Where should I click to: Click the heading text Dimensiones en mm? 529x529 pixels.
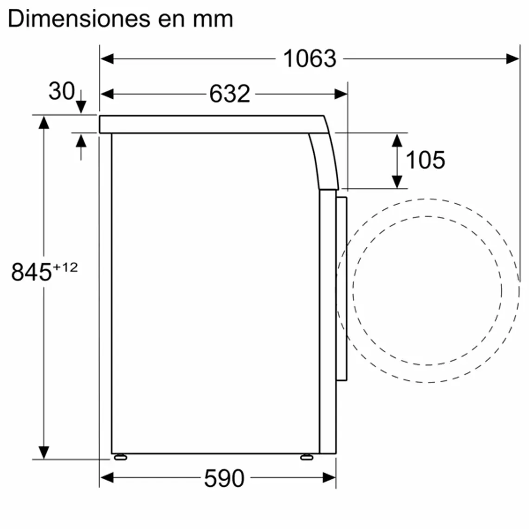pos(120,19)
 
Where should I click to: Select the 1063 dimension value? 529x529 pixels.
pos(310,59)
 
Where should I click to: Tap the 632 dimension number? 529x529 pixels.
pos(229,94)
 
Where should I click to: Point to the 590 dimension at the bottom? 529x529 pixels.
pos(224,478)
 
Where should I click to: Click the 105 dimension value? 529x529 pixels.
pos(425,160)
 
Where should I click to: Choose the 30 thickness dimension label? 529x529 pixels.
pos(61,91)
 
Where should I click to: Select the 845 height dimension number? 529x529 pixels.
pos(31,272)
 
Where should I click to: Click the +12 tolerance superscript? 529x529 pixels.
pos(65,267)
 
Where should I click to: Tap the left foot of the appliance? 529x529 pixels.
pos(120,457)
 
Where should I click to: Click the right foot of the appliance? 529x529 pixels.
pos(306,457)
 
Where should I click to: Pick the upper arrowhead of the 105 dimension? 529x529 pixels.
pos(397,140)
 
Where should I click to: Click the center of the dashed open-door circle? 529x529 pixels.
pos(427,290)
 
